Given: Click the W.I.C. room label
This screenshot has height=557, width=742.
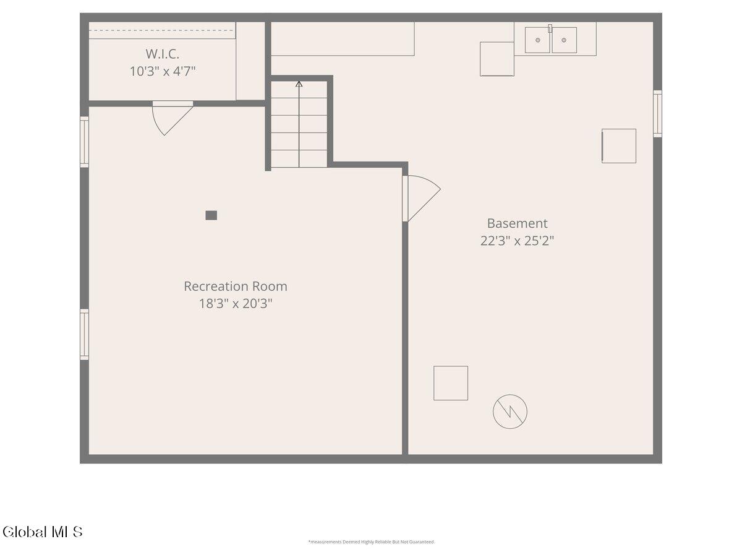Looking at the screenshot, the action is point(162,54).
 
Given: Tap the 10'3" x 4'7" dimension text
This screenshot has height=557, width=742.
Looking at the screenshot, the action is point(163,71).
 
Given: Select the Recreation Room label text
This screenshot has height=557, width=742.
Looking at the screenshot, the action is point(236,287).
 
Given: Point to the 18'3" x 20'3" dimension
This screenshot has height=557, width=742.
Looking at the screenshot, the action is point(236,303).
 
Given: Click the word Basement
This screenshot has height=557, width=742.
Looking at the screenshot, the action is point(517,223).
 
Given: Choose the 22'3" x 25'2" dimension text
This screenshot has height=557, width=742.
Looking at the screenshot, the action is point(517,241).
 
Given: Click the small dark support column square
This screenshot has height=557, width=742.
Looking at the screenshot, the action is point(211,215).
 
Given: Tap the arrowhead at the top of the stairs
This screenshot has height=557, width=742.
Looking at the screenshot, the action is point(299,84).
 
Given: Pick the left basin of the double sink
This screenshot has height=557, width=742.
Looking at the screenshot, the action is point(537,40).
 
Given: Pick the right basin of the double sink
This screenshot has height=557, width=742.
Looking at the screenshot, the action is point(564,40).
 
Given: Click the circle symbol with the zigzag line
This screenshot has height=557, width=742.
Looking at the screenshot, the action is point(510,412).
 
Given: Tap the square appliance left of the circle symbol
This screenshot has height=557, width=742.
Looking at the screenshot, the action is point(451,383).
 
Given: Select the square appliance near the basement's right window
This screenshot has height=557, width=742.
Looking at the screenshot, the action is point(618,146).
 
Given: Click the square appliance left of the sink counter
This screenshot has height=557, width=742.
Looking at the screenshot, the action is point(497,59).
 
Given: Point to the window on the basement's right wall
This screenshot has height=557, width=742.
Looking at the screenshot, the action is point(657,114).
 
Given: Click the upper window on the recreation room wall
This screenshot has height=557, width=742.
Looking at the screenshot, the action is point(84,142).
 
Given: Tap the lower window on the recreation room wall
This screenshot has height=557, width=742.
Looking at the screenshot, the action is point(84,334).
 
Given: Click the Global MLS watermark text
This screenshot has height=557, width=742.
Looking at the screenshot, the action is point(43,532).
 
